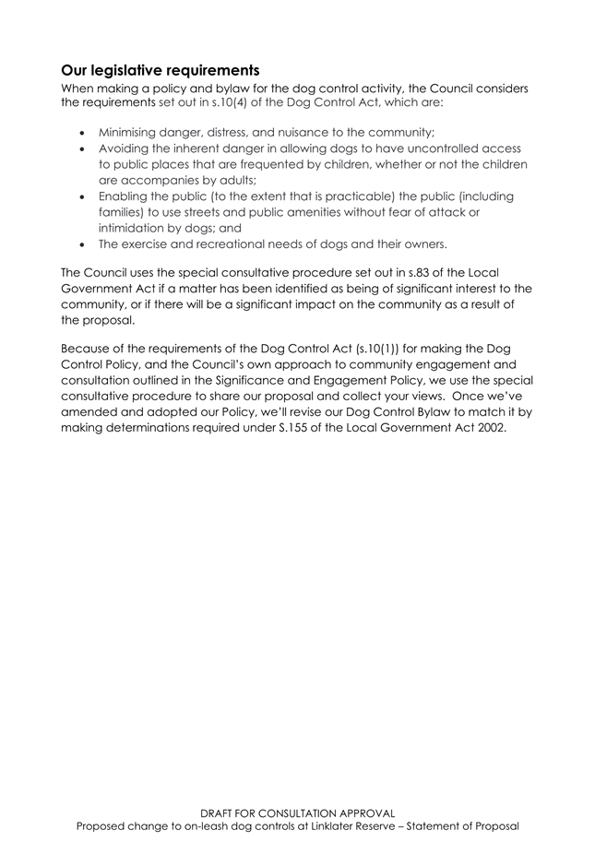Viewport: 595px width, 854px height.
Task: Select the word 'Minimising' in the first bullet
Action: coord(131,132)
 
